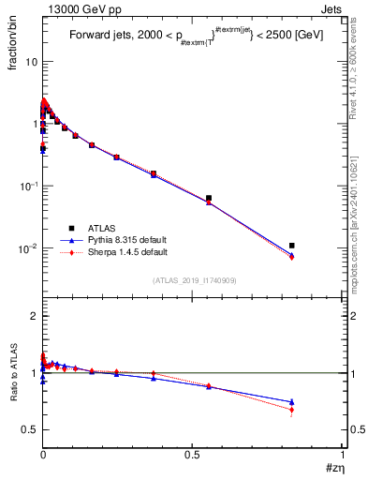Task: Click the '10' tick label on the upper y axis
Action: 30,61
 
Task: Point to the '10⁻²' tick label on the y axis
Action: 28,248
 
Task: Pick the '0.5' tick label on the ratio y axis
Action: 29,429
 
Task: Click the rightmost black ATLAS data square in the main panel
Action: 292,246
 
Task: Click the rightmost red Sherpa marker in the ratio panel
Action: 292,410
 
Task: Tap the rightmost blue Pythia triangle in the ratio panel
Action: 292,401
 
